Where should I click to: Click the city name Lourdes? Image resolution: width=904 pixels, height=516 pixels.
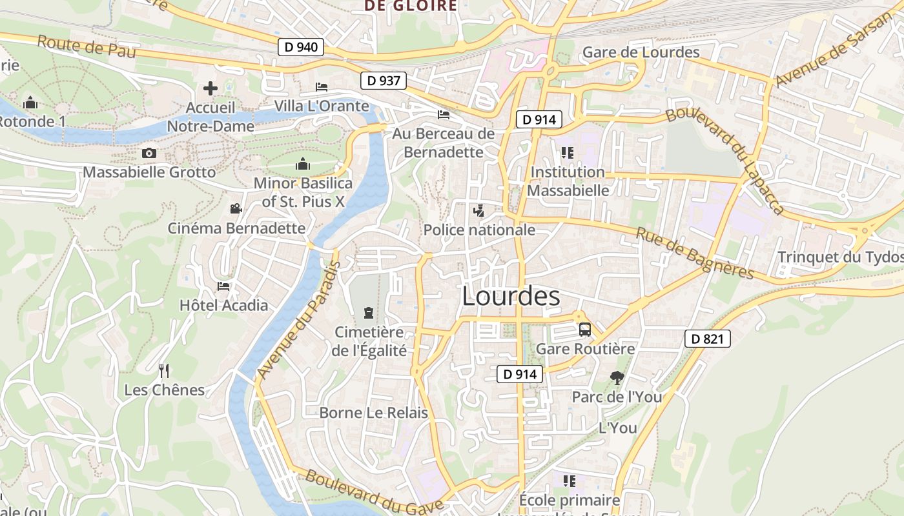(x=511, y=296)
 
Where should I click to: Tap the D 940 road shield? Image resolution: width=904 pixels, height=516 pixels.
(x=301, y=47)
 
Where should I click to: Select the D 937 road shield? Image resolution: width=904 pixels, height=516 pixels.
(x=384, y=81)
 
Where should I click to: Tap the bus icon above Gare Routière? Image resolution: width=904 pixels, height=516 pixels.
(x=584, y=330)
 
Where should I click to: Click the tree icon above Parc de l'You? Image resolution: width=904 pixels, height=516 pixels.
(x=617, y=378)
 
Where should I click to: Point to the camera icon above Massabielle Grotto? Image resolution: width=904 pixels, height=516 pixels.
(x=149, y=153)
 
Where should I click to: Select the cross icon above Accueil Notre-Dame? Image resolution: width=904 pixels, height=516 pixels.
(x=211, y=88)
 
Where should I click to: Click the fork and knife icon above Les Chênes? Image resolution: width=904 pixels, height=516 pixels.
(x=164, y=370)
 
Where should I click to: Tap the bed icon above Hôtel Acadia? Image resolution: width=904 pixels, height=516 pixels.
(x=223, y=286)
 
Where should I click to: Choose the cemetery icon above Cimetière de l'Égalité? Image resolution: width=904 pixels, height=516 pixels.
(x=368, y=313)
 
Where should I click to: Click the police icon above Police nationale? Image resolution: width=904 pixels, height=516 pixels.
(x=478, y=210)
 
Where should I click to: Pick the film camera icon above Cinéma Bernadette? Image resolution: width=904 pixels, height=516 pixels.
(x=236, y=209)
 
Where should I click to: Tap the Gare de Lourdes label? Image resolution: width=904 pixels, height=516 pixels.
(x=641, y=52)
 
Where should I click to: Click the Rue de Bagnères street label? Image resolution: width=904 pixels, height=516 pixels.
(x=695, y=253)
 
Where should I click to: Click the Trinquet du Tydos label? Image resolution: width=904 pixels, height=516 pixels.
(x=840, y=257)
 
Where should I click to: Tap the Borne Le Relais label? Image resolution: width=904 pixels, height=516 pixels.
(x=373, y=413)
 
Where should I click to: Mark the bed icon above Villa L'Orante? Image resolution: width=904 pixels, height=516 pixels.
(x=322, y=87)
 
